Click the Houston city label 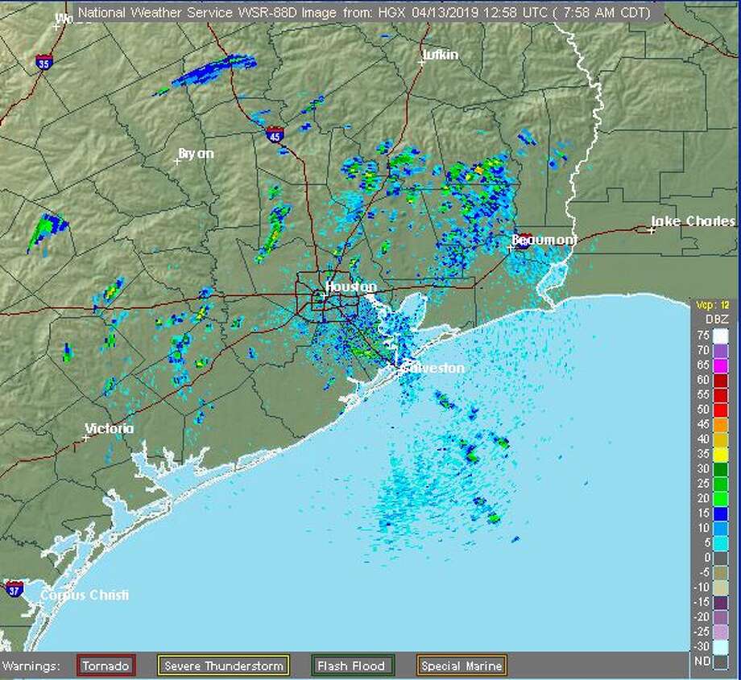(350, 286)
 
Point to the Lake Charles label (693, 221)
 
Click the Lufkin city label (441, 55)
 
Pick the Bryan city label (197, 153)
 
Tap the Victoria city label (110, 429)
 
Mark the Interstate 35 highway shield (43, 60)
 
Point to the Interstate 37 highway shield (14, 589)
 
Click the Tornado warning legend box (106, 666)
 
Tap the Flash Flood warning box (353, 666)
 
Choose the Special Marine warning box (462, 666)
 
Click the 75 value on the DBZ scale (702, 335)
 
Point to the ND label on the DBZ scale (702, 661)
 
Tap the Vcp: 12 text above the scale (714, 306)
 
